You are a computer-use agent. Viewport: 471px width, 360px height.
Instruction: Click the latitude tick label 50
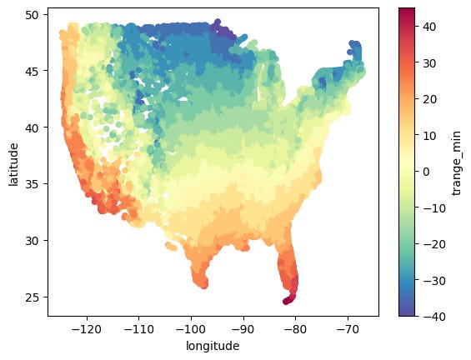click(33, 15)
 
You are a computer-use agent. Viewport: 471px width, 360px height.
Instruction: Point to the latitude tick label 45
click(33, 71)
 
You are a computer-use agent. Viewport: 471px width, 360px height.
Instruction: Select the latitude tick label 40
click(33, 127)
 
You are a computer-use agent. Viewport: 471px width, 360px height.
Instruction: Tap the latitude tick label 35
click(33, 184)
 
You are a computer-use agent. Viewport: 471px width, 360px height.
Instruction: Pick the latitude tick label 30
click(33, 241)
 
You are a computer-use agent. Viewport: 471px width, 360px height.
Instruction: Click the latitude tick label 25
click(33, 297)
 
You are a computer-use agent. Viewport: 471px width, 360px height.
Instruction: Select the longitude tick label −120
click(87, 329)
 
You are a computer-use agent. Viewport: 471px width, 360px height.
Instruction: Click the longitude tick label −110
click(139, 329)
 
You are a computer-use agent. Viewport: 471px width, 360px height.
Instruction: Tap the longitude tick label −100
click(191, 329)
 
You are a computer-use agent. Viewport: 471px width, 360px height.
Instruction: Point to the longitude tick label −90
click(243, 329)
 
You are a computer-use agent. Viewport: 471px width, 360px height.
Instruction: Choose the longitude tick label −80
click(295, 329)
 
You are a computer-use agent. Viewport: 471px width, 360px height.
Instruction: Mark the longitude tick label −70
click(348, 329)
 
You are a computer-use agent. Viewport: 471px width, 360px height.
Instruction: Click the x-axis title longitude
click(213, 346)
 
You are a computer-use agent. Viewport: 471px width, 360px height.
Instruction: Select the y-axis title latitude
click(13, 164)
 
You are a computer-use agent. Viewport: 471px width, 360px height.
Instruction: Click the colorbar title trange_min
click(457, 163)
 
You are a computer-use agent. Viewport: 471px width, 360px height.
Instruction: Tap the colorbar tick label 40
click(429, 27)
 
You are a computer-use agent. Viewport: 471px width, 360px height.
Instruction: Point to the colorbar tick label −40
click(434, 316)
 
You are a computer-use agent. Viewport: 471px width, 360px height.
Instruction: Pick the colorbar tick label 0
click(426, 172)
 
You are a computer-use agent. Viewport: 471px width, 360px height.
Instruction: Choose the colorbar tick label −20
click(434, 244)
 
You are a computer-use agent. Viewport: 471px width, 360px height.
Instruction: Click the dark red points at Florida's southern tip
click(289, 300)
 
